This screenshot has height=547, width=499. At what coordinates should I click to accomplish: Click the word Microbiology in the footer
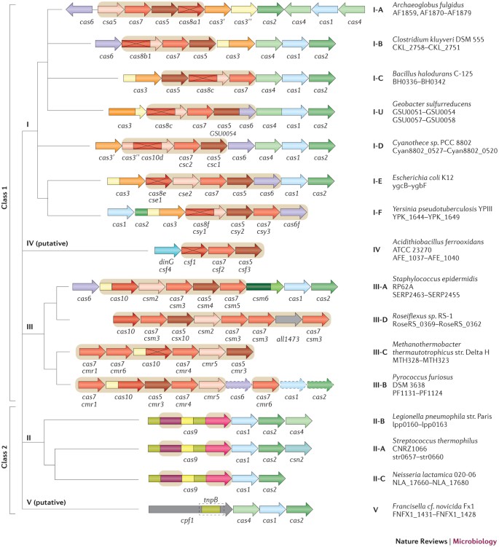click(470, 536)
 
